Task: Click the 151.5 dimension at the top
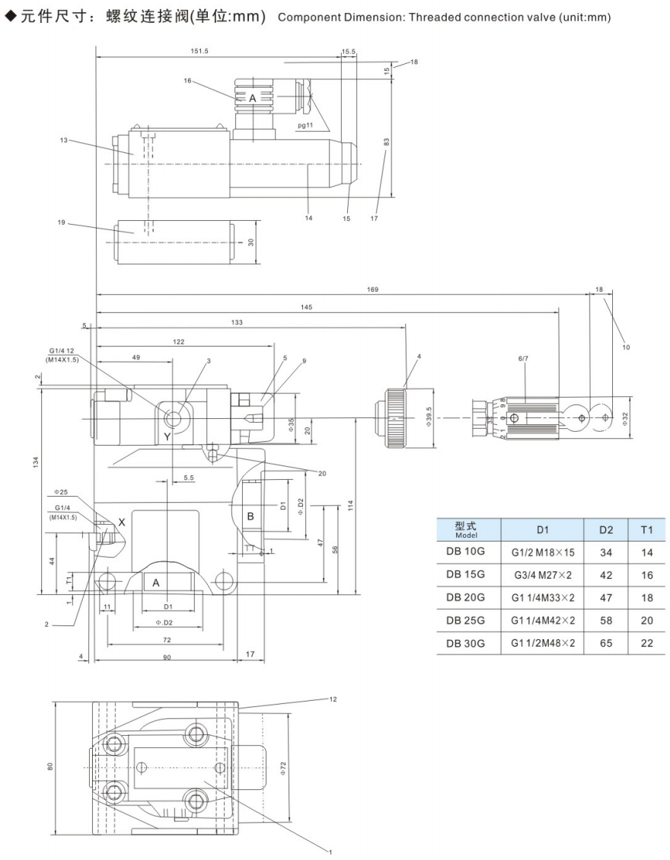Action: click(x=202, y=52)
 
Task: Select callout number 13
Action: click(x=64, y=139)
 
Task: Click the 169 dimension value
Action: click(x=372, y=289)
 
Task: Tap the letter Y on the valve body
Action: click(x=167, y=436)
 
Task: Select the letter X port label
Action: click(x=121, y=523)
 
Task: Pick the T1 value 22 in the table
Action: click(x=647, y=644)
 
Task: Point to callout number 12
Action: click(x=333, y=699)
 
